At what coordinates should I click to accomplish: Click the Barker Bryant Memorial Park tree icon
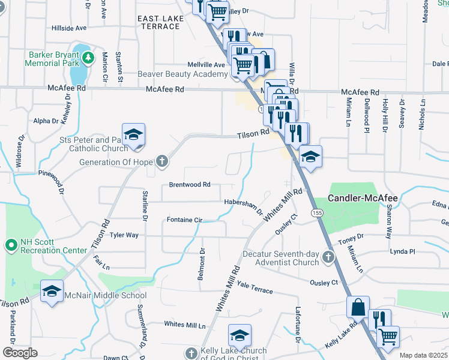(89, 58)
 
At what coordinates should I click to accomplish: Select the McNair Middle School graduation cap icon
(52, 291)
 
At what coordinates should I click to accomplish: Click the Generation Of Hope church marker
(161, 161)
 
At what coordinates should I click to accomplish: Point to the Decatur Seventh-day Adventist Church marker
(328, 257)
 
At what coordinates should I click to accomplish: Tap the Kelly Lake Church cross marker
(191, 353)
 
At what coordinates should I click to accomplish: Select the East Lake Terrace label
(161, 23)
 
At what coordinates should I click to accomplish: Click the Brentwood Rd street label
(190, 185)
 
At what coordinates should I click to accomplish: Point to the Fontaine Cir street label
(184, 220)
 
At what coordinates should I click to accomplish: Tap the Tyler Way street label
(124, 235)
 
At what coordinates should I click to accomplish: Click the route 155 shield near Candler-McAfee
(316, 213)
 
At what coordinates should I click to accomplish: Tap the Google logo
(20, 353)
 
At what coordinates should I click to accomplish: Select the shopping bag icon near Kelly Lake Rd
(358, 307)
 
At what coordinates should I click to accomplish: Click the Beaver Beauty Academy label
(182, 74)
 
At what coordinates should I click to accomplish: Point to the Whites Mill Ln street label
(185, 324)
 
